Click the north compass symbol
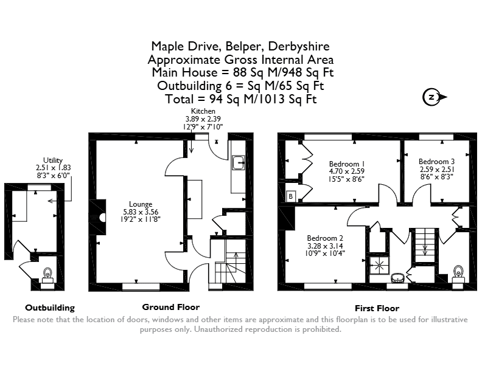click(x=434, y=97)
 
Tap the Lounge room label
click(x=141, y=204)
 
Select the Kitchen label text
click(x=203, y=111)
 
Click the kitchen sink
click(x=239, y=163)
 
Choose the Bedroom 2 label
click(x=325, y=238)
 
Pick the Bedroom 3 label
click(x=436, y=162)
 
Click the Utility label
click(x=53, y=160)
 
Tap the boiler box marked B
click(x=290, y=196)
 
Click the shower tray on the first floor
click(x=379, y=265)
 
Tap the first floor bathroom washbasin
click(x=398, y=277)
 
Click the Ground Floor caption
click(x=170, y=307)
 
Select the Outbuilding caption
click(x=50, y=308)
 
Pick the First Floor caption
click(x=377, y=308)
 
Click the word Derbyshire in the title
click(x=299, y=46)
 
